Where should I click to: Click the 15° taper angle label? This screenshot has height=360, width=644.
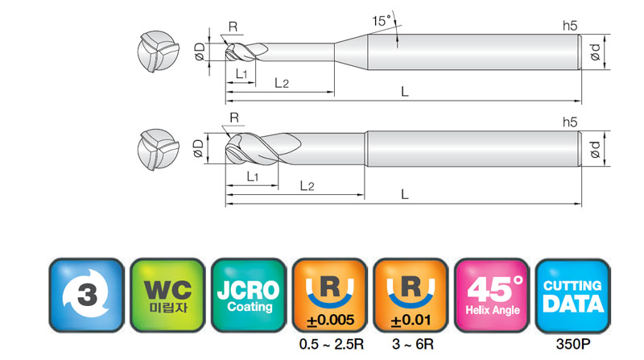click(382, 21)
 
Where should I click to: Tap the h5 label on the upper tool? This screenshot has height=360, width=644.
click(570, 26)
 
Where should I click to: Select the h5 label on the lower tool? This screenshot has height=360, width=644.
click(570, 122)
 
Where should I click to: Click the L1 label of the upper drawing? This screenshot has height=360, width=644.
click(242, 74)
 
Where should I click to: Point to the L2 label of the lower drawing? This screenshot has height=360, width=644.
click(307, 186)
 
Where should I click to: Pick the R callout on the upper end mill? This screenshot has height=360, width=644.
click(233, 27)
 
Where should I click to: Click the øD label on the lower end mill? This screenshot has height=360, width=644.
click(198, 148)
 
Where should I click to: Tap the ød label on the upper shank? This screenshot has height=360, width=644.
click(595, 52)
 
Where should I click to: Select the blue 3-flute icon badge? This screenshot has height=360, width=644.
click(86, 295)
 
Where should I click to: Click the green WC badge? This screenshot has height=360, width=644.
click(167, 295)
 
